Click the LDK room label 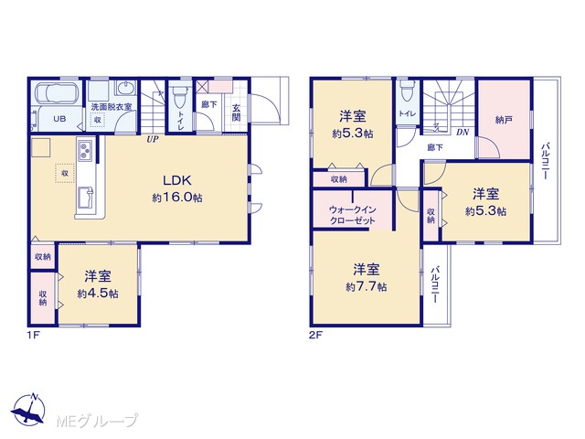click(177, 181)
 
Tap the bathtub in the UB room click(57, 92)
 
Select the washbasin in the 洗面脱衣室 click(127, 90)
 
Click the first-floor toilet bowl click(179, 95)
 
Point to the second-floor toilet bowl click(406, 91)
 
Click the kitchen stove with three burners click(85, 150)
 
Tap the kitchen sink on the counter click(85, 198)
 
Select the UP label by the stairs click(153, 140)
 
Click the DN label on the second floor click(463, 132)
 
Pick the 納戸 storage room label click(504, 120)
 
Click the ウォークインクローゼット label click(352, 215)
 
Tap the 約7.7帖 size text click(366, 286)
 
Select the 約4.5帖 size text click(98, 294)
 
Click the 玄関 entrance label click(236, 112)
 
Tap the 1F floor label click(33, 335)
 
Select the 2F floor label click(315, 335)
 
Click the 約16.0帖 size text click(177, 198)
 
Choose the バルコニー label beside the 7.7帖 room click(435, 284)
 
